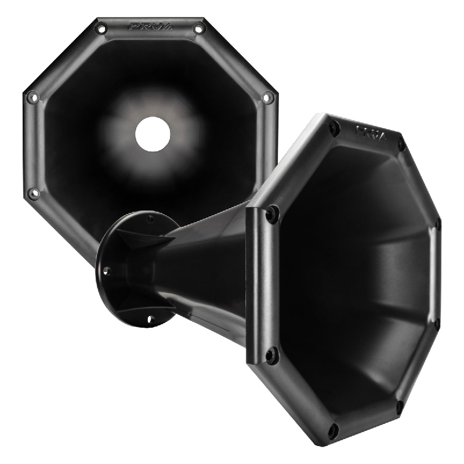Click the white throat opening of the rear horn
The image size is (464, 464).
[153, 134]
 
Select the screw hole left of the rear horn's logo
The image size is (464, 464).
[101, 28]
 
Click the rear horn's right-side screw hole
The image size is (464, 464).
[267, 97]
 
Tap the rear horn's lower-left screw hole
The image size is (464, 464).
[34, 193]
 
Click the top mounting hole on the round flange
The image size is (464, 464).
[150, 219]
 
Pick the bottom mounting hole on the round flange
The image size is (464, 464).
[150, 318]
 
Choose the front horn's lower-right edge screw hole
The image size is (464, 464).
[437, 322]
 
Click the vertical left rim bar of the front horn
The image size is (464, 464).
[255, 284]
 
